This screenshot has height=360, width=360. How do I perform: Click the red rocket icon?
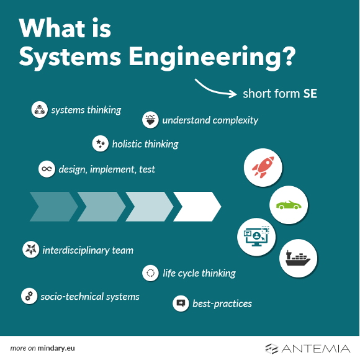[263, 167]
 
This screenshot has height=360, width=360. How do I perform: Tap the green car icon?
[289, 205]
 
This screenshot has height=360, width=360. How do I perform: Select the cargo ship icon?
[298, 258]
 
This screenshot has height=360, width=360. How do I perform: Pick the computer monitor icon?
[256, 236]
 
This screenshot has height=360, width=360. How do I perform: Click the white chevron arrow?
[197, 207]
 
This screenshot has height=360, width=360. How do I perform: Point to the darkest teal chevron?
[54, 207]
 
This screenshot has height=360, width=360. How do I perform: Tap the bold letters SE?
[310, 94]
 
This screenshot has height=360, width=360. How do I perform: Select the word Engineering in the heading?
[212, 57]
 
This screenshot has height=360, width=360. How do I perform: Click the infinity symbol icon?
[47, 169]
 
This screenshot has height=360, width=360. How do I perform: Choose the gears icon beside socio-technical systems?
[29, 296]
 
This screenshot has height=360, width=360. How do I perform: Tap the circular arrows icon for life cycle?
[150, 273]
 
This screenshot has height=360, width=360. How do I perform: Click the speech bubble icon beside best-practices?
[181, 304]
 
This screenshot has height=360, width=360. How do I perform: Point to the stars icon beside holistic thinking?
[101, 143]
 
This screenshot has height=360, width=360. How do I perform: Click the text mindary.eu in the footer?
[56, 348]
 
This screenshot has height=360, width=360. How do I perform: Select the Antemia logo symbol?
[272, 349]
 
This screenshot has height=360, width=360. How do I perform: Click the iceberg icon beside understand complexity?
[150, 120]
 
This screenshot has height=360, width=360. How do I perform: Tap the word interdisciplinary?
[76, 250]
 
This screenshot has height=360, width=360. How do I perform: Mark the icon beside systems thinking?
[40, 109]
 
